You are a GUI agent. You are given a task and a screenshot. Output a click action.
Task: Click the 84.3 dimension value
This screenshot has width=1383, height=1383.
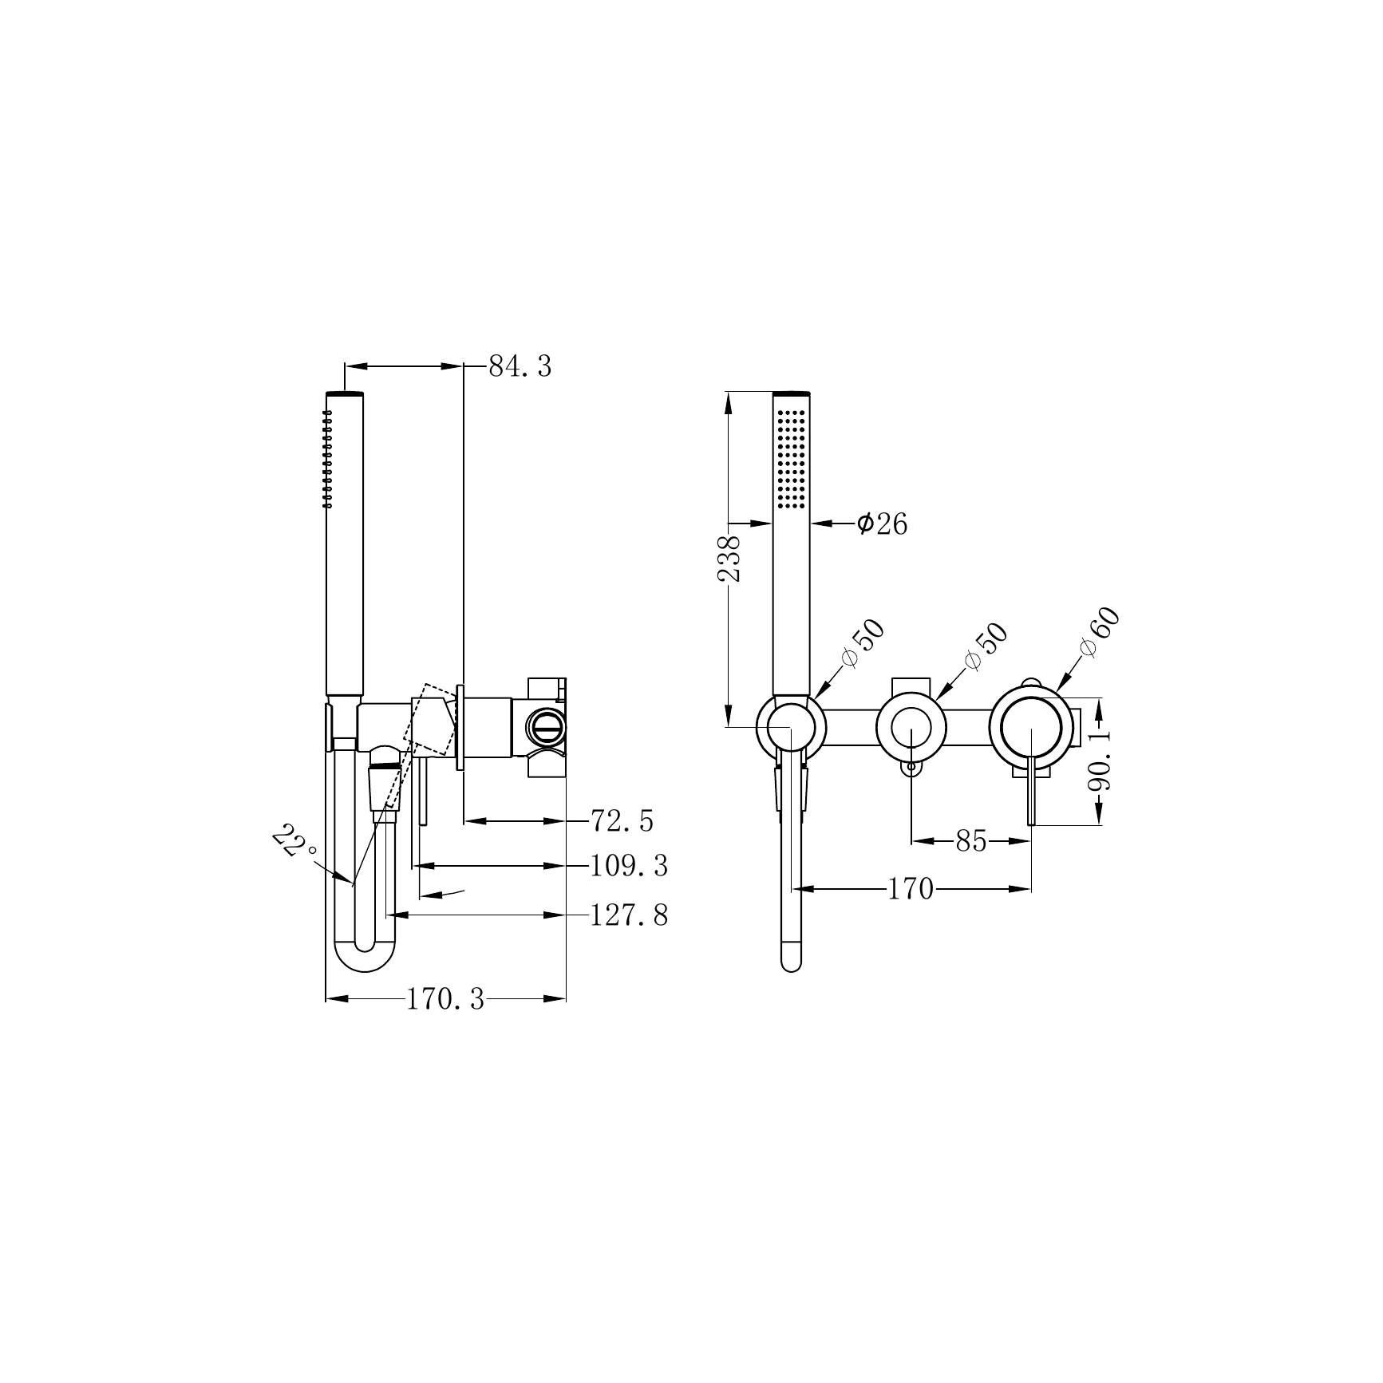point(520,366)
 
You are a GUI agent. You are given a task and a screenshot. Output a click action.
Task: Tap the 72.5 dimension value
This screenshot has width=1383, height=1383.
point(622,820)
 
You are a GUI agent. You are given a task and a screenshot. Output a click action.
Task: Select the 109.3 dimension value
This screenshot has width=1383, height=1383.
point(629,866)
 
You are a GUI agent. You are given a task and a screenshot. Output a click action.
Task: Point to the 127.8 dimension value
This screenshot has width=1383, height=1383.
point(629,915)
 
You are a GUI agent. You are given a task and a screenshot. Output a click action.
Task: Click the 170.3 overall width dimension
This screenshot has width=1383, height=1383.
point(445,999)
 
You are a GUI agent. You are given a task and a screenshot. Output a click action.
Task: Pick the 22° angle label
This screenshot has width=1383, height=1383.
point(293,841)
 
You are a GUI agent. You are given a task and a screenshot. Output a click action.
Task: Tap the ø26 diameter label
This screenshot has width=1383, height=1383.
point(882,524)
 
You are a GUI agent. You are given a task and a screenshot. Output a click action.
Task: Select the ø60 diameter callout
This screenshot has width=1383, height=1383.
point(1100,631)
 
